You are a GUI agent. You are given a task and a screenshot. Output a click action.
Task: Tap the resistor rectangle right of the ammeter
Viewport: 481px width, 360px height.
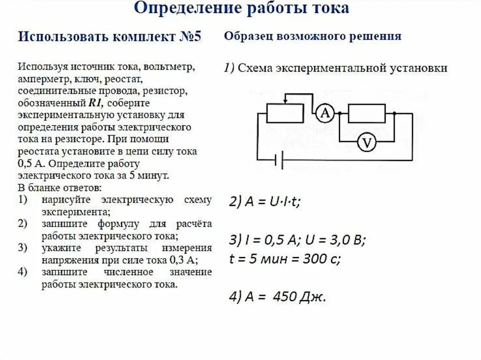tap(366, 113)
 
